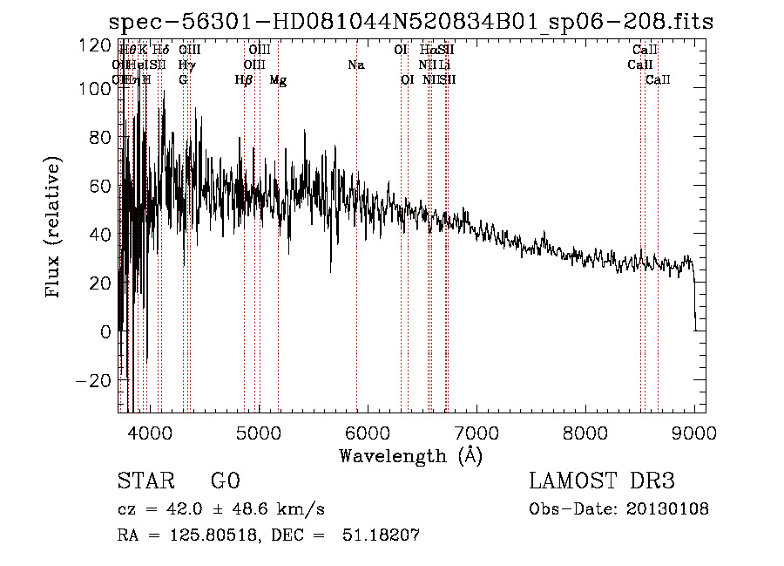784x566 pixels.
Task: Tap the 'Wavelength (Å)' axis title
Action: pos(410,455)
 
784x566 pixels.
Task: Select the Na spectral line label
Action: pos(355,65)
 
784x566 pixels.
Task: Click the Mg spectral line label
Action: pos(278,80)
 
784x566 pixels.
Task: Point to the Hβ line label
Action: pos(244,80)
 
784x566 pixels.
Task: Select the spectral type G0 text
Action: pos(225,481)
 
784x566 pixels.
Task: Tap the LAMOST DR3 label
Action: pos(602,481)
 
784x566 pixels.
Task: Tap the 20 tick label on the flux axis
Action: pos(102,283)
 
